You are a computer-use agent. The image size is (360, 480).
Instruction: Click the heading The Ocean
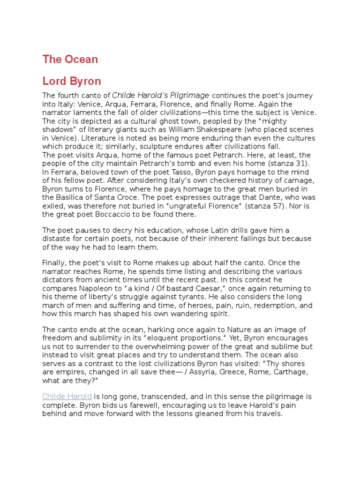tap(70, 60)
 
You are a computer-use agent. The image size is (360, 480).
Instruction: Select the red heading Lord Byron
tap(72, 81)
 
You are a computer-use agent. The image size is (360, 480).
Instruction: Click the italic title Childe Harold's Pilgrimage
tap(161, 96)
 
